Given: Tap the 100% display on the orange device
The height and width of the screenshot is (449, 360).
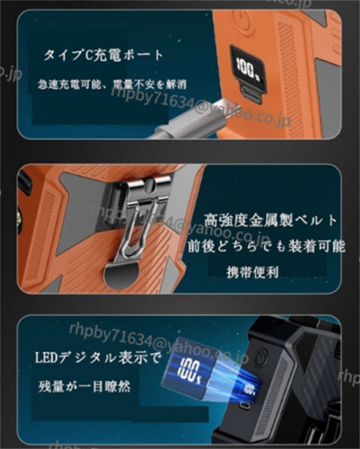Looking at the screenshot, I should (248, 69).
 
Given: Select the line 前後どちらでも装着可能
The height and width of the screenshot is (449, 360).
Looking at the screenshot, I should (266, 246).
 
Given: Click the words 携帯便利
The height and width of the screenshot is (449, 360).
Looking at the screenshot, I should (253, 272).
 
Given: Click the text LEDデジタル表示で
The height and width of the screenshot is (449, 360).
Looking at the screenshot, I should (98, 358).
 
